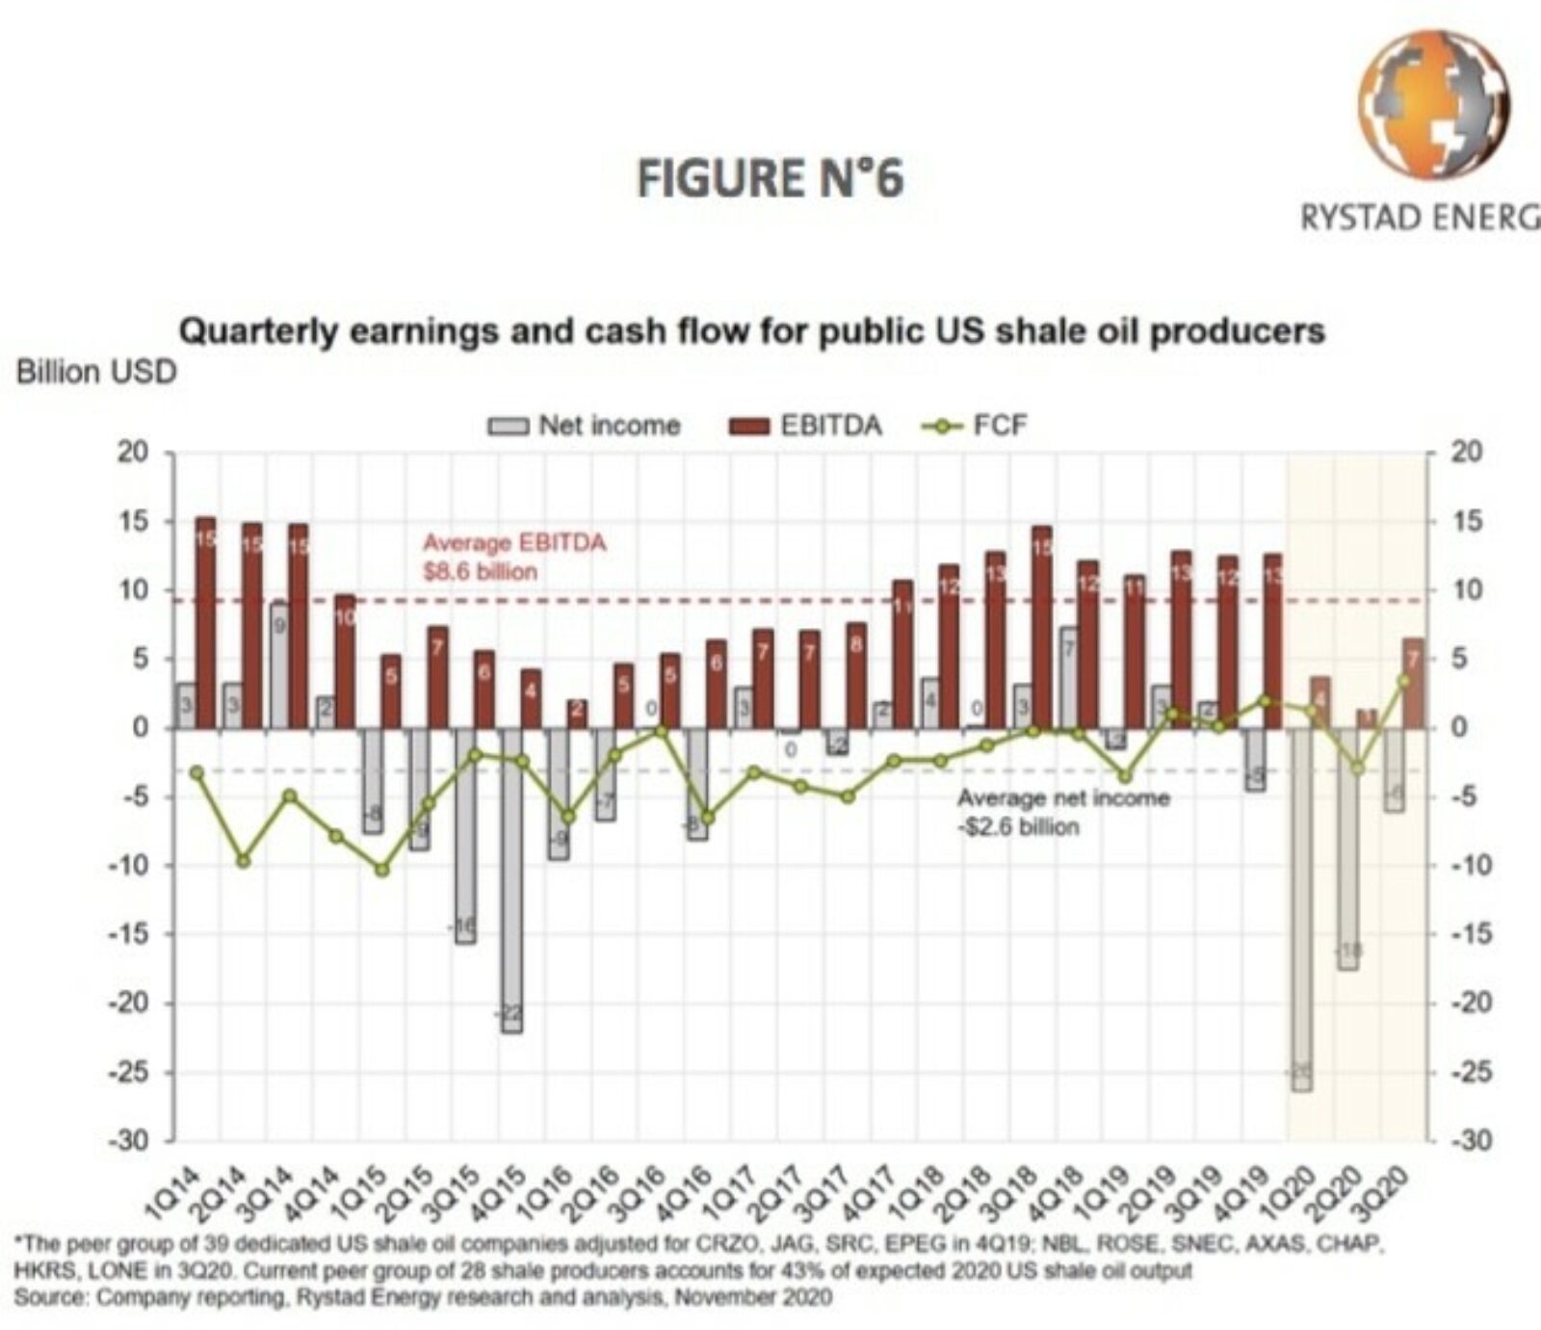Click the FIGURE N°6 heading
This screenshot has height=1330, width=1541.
pyautogui.click(x=770, y=179)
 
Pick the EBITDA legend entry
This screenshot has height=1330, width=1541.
pyautogui.click(x=805, y=426)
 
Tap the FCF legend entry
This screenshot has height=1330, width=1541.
pyautogui.click(x=976, y=426)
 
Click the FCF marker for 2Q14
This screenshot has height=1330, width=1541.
pyautogui.click(x=244, y=860)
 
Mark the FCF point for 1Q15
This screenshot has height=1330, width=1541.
pyautogui.click(x=382, y=869)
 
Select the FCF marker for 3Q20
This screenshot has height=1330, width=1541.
pyautogui.click(x=1403, y=680)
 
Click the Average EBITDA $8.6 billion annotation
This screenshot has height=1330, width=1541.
pyautogui.click(x=513, y=557)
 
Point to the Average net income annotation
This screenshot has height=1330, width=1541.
pyautogui.click(x=1062, y=812)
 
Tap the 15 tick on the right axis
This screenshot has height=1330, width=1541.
pyautogui.click(x=1466, y=522)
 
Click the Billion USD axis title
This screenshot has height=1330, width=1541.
pyautogui.click(x=96, y=373)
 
